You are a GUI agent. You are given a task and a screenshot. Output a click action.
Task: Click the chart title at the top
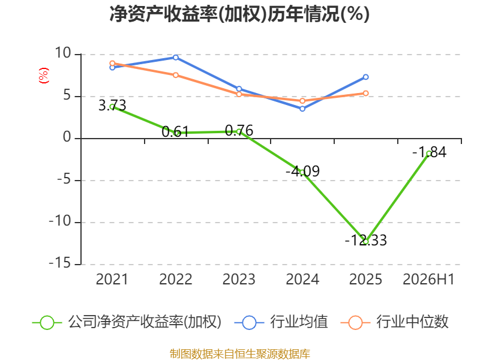239,14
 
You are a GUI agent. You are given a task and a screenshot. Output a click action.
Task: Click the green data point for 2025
365,242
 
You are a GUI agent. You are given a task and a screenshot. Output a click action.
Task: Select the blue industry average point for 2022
176,57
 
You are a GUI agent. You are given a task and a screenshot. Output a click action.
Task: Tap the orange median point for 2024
302,101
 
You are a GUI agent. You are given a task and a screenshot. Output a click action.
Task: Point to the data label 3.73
112,106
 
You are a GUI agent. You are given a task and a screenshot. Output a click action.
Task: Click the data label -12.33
365,240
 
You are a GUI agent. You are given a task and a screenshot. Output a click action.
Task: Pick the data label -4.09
302,171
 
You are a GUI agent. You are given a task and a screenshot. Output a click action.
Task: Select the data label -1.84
429,152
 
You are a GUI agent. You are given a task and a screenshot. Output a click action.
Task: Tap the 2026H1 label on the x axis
428,279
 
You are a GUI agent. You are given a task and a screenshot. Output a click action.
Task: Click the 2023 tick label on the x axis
239,279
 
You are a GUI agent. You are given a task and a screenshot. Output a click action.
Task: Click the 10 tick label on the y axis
63,53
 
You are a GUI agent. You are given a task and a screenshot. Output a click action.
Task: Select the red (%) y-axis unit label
43,76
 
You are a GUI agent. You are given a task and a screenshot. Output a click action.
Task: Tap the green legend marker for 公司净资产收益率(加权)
47,323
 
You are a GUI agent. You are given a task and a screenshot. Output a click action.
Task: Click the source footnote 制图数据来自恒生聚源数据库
240,353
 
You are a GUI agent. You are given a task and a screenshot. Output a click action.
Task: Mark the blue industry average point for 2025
365,77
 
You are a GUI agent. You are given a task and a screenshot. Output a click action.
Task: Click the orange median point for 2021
112,64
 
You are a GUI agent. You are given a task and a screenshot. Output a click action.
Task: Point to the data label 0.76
239,130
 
